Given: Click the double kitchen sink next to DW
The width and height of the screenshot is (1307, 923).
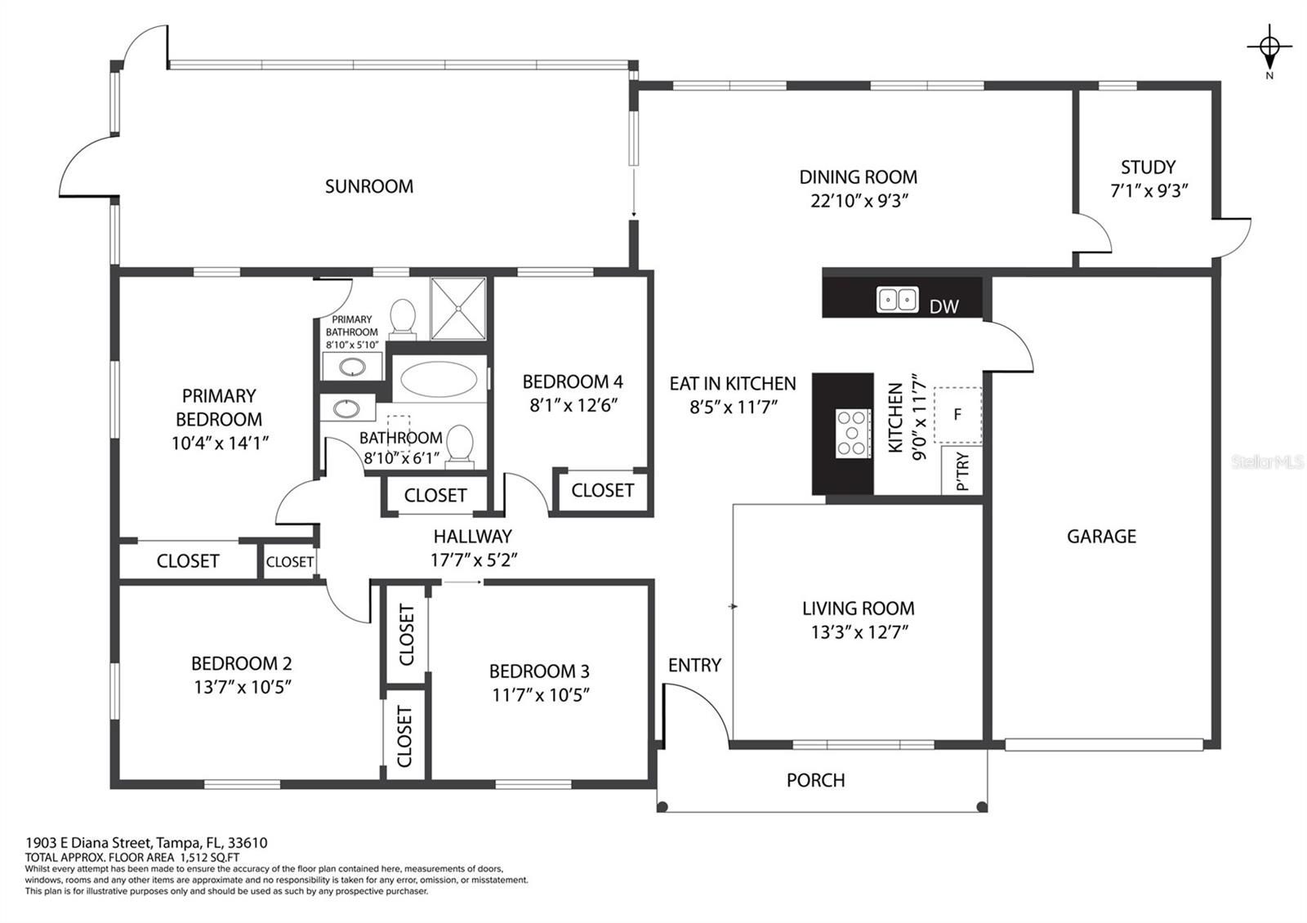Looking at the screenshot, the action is click(x=898, y=300).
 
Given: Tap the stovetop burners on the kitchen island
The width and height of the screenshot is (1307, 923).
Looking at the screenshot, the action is click(x=854, y=433).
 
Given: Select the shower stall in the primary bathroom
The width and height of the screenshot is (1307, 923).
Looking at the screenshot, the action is click(x=458, y=309).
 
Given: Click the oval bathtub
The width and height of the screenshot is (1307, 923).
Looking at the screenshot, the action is click(x=439, y=379).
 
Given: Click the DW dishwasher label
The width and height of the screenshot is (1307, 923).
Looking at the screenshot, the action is click(x=943, y=306).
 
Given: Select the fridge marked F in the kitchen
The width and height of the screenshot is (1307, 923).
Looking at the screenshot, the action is click(x=957, y=415).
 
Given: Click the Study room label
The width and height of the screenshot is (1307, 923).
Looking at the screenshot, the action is click(x=1148, y=167).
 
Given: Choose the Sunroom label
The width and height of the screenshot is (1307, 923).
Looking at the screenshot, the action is click(x=368, y=186).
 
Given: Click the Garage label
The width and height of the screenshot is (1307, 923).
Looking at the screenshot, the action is click(x=1101, y=536).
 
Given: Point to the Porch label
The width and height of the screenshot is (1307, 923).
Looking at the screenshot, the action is click(x=815, y=780).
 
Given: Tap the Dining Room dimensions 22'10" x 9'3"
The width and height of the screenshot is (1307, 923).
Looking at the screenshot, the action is click(x=859, y=201).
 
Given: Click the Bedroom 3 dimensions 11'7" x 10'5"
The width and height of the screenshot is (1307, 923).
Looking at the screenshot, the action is click(x=540, y=695).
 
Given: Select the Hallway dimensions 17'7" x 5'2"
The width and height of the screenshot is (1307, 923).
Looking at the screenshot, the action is click(x=473, y=560).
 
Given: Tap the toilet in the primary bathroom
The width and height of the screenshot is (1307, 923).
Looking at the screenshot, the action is click(x=402, y=319).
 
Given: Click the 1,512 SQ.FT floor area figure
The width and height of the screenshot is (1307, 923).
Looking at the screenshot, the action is click(x=209, y=857).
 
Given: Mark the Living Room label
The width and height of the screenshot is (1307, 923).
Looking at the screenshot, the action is click(x=859, y=608).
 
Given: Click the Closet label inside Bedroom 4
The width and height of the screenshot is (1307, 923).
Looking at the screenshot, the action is click(x=602, y=491).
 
